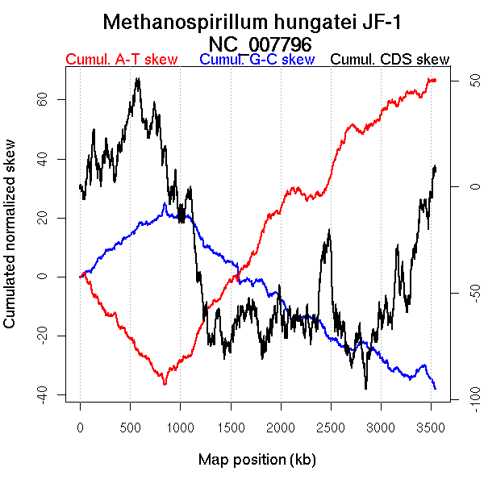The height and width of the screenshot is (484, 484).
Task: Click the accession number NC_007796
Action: [260, 44]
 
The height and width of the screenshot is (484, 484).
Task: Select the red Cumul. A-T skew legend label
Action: [121, 60]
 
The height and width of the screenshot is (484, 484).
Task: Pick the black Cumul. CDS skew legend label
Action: [390, 60]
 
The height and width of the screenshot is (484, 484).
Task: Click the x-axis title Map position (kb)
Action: [257, 460]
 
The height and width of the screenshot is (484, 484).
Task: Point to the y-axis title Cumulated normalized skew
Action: [10, 240]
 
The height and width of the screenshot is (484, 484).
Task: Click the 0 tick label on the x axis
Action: [80, 427]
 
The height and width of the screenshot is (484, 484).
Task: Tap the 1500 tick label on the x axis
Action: [231, 427]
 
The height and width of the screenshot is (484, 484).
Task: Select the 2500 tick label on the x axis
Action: [331, 427]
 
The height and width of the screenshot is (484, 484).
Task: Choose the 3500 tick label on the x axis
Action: [432, 427]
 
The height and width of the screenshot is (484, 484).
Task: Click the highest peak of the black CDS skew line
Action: [138, 79]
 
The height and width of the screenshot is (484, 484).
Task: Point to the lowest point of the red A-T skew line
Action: [165, 384]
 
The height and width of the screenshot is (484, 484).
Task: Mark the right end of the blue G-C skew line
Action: [436, 389]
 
